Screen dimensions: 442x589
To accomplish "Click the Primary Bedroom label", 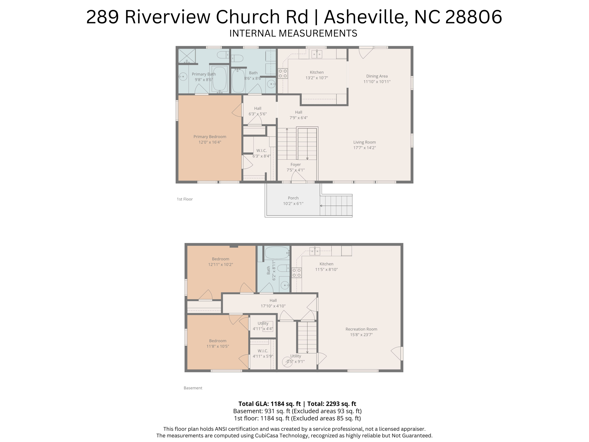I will click(x=210, y=137).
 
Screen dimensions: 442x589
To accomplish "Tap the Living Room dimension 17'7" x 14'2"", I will click(x=364, y=148).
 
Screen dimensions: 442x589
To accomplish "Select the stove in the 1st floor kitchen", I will click(x=283, y=73).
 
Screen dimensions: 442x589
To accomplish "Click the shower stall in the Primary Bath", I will click(x=187, y=56).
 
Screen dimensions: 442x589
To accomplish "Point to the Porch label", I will click(x=293, y=198).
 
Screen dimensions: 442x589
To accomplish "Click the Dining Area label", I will click(x=377, y=76).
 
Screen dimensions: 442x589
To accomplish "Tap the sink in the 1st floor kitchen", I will click(x=317, y=54).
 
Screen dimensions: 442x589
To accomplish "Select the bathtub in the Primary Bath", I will click(x=219, y=79).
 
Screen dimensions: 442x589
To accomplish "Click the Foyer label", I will click(x=295, y=165).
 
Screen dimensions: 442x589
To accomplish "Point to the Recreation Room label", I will click(x=361, y=329).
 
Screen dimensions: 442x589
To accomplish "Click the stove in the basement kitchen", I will click(x=297, y=273).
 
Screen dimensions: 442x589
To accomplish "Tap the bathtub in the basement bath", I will click(x=277, y=253).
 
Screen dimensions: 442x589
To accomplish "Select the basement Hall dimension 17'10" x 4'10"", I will click(x=273, y=306).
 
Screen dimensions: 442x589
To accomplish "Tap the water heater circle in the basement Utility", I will click(x=287, y=362).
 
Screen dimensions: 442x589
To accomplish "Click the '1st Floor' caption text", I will click(x=185, y=199).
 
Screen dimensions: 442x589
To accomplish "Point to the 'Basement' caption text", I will click(x=193, y=388).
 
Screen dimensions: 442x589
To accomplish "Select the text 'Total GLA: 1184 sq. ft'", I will click(x=269, y=404).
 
